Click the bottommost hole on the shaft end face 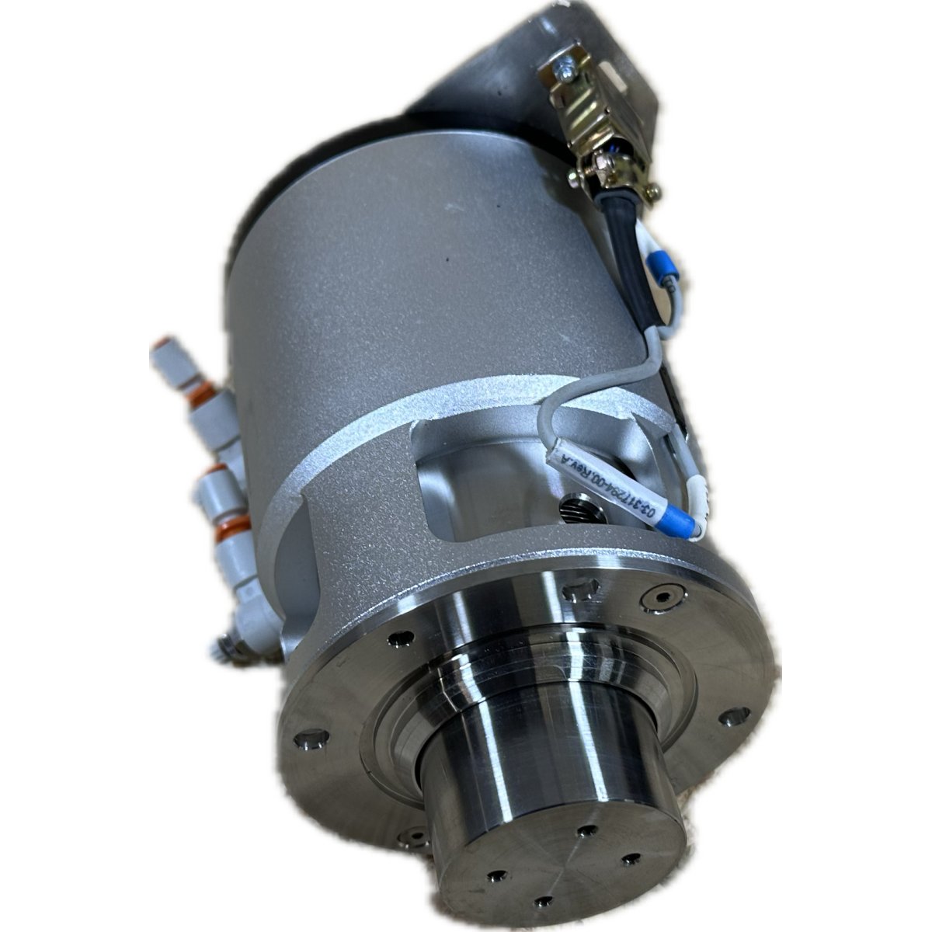[x=544, y=902]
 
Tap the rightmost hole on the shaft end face [x=631, y=859]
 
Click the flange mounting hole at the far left [x=311, y=739]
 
